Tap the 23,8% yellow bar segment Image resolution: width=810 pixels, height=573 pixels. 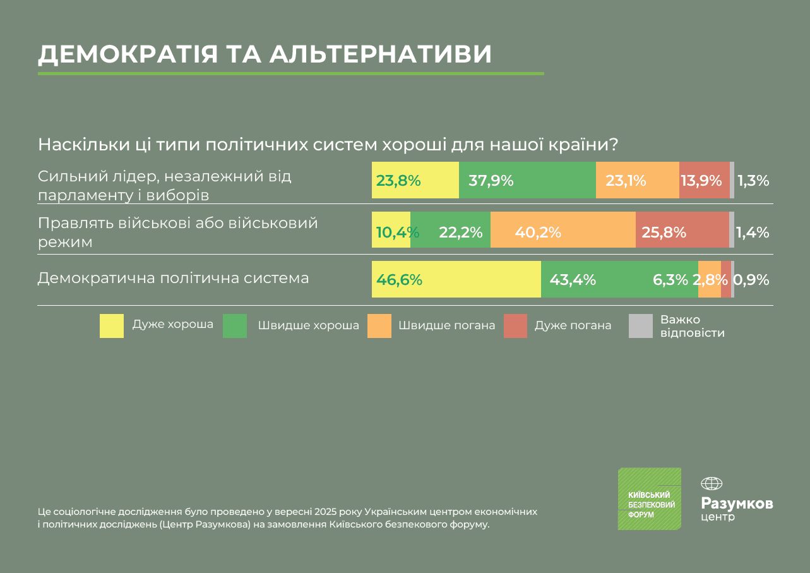coord(415,180)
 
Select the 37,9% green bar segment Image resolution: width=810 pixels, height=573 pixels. coord(527,180)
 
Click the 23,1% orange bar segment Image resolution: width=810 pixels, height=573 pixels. coord(637,180)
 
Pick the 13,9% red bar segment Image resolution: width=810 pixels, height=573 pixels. coord(704,180)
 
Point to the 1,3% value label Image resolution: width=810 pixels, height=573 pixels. coord(753,181)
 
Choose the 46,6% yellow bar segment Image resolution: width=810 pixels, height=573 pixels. coord(456,279)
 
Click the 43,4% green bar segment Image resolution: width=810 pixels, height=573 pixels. coord(619,279)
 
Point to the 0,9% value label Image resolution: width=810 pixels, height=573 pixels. coord(752,279)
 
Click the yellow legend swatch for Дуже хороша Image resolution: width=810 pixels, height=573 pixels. coord(112,326)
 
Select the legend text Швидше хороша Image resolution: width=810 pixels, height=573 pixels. coord(308,326)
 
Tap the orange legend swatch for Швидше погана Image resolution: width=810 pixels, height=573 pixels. coord(379,326)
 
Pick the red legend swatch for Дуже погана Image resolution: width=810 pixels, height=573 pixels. coord(515,326)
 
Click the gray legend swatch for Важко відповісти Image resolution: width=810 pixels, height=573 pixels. coord(640,326)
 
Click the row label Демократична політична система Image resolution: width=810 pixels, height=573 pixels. coord(174,278)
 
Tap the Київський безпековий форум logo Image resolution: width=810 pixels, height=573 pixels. coord(649,498)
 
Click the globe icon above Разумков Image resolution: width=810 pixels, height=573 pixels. coord(712,484)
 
